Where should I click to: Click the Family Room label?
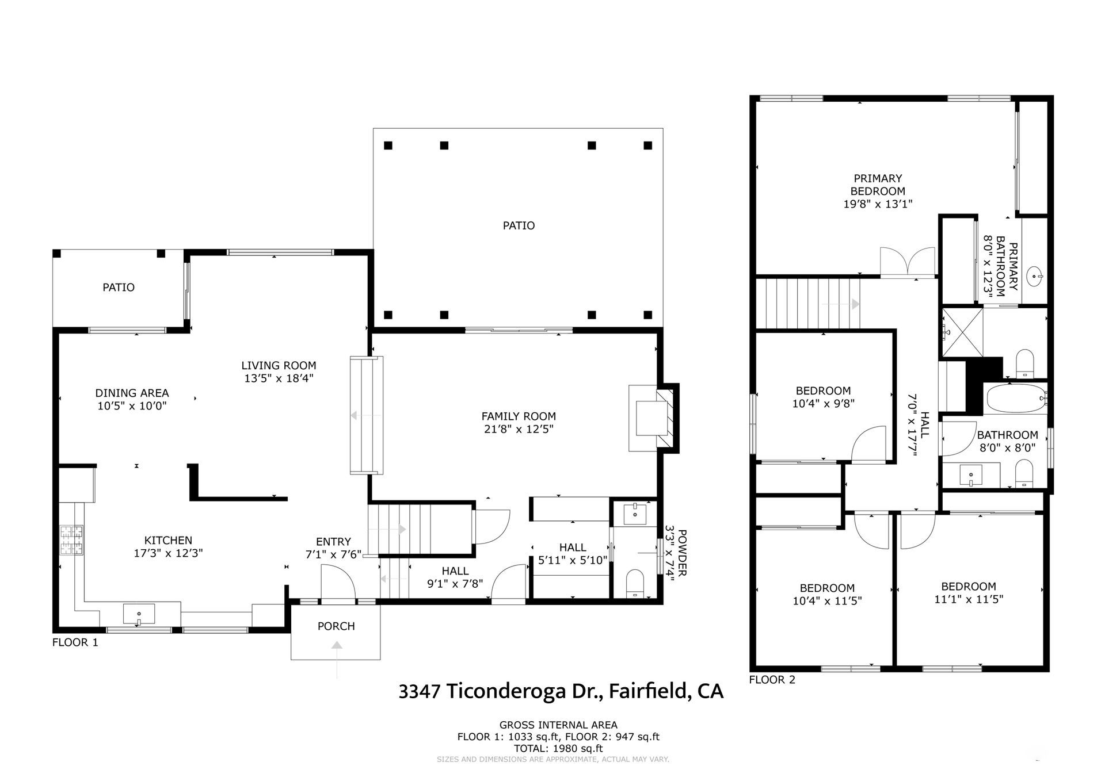519,416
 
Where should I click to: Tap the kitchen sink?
139,614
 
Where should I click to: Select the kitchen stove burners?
72,541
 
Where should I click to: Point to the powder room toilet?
634,583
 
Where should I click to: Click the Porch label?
336,626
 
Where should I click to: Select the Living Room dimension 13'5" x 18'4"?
279,378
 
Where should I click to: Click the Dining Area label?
132,393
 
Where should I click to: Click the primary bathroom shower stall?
962,332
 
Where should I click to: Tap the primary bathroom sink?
1036,275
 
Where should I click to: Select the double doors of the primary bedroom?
908,263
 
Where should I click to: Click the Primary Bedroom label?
878,185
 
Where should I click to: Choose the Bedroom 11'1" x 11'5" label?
969,592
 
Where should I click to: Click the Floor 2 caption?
772,680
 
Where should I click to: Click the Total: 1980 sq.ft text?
559,748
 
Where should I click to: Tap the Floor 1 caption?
75,642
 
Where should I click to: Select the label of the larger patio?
519,225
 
